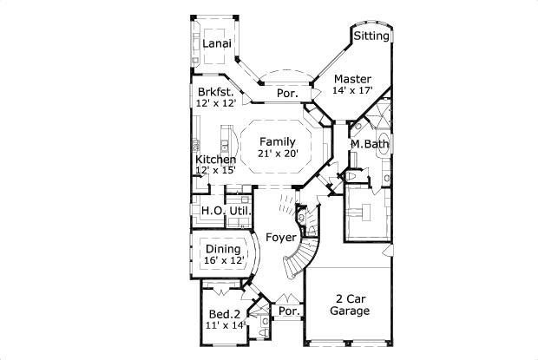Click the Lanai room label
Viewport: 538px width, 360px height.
(x=215, y=43)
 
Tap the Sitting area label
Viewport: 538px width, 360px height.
(x=371, y=36)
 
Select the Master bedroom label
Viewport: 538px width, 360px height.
(x=353, y=77)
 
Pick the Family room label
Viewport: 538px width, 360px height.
(x=278, y=141)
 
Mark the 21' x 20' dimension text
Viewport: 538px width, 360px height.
(x=278, y=154)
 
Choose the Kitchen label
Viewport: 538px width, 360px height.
(x=214, y=160)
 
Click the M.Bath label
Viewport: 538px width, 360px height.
(x=370, y=144)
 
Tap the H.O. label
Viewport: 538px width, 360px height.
(x=213, y=211)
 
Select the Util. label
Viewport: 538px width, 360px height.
(x=240, y=211)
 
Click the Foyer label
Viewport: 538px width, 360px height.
(x=281, y=237)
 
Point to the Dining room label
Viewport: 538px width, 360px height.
(x=223, y=249)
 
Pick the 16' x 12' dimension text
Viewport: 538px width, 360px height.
(x=223, y=260)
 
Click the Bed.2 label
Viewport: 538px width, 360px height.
(x=225, y=314)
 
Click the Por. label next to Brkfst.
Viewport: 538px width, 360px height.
(x=287, y=94)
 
